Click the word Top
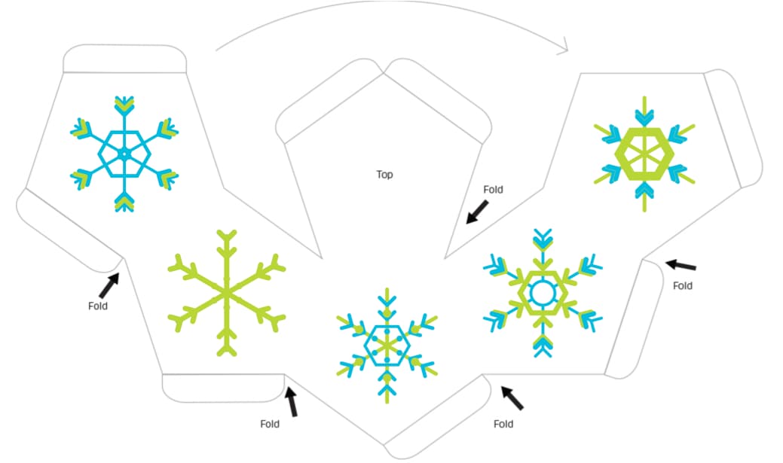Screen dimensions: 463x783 click(x=384, y=175)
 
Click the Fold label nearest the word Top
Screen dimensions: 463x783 click(x=493, y=190)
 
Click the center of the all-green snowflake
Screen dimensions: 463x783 click(x=224, y=291)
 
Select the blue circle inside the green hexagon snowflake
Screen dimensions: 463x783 click(x=541, y=291)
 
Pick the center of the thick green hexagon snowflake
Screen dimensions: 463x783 click(x=644, y=154)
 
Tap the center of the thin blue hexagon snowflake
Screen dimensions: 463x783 click(x=124, y=154)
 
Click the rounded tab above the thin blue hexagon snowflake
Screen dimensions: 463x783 click(x=124, y=59)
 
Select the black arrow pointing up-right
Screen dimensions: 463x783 click(x=109, y=285)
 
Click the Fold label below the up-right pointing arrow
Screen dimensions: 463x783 click(x=97, y=306)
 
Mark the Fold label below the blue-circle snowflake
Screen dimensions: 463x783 click(x=503, y=424)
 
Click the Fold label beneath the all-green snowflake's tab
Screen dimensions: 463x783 click(x=270, y=424)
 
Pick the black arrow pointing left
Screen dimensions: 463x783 click(x=681, y=265)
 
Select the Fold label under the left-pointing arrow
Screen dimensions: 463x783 click(x=682, y=286)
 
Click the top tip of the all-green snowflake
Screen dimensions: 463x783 click(x=224, y=233)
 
